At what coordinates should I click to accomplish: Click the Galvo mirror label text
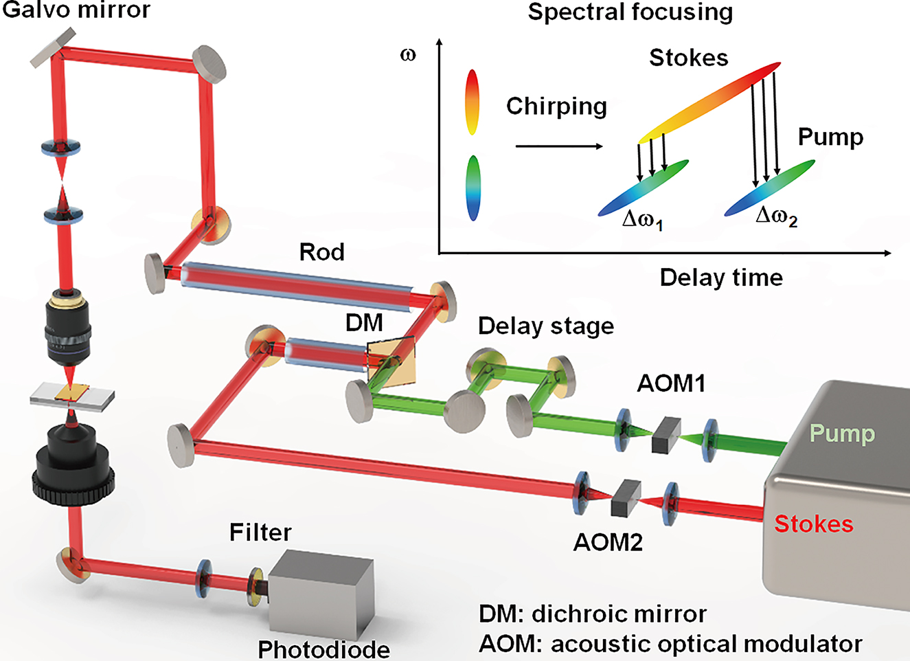click(76, 10)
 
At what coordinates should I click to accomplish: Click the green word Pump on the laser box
click(842, 434)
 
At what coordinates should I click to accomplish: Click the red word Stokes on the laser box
click(813, 524)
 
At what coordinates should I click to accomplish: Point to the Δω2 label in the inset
click(776, 217)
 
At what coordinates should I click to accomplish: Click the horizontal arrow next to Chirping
click(558, 146)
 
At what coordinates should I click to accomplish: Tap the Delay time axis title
click(721, 278)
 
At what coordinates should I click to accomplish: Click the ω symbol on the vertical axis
click(408, 54)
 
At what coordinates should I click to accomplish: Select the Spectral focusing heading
click(630, 12)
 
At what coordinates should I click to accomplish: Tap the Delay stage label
click(546, 326)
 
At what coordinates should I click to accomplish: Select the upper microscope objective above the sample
click(68, 330)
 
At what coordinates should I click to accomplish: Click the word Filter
click(260, 533)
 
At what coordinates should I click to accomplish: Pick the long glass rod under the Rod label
click(295, 282)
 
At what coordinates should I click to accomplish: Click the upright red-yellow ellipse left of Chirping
click(472, 101)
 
